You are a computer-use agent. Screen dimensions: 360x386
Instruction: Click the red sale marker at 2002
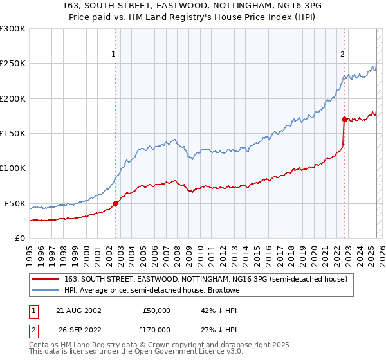coord(116,203)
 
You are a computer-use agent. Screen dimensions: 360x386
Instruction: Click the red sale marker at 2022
coord(344,119)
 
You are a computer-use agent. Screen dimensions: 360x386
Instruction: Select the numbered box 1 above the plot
coord(113,55)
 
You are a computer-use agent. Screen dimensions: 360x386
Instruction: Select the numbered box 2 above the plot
coord(343,55)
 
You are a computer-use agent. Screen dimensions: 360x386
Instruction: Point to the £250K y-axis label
coord(12,64)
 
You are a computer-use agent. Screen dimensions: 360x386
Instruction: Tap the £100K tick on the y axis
coord(12,168)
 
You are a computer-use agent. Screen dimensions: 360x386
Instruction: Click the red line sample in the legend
coord(46,279)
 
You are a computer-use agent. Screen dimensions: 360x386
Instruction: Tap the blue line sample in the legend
coord(46,290)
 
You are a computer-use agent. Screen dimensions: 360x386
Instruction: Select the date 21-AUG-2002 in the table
coord(77,310)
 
